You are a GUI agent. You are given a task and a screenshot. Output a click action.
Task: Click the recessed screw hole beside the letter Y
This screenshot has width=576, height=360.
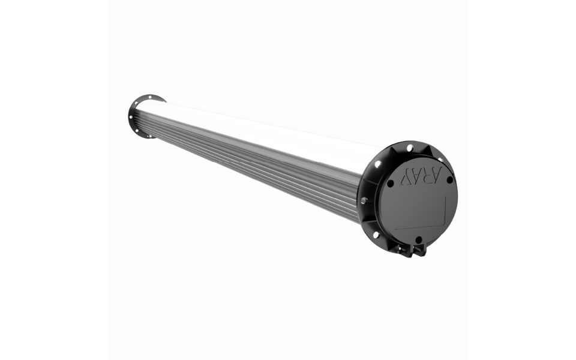[x=391, y=183]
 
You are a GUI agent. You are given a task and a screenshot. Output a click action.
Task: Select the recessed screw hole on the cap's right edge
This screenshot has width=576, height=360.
[x=449, y=179]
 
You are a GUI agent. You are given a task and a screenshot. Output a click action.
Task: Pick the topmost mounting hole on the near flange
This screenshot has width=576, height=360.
[x=410, y=148]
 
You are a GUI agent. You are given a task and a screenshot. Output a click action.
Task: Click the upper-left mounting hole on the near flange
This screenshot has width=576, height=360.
[x=378, y=164]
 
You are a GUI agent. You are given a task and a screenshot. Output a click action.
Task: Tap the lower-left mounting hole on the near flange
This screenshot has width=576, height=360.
[x=376, y=235]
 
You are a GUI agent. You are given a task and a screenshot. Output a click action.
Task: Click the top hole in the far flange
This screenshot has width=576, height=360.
[x=147, y=98]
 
